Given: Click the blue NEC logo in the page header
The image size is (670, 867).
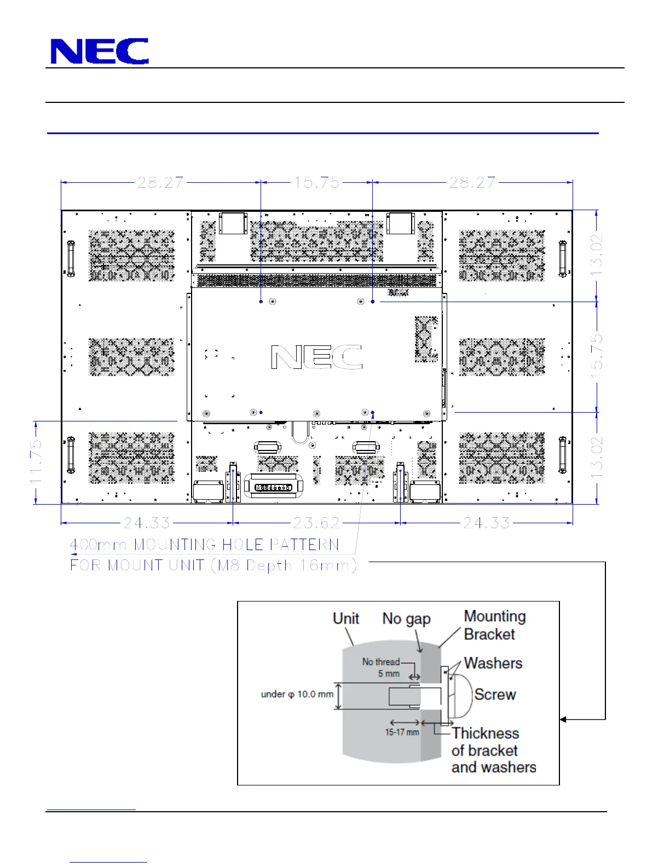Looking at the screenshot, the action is coord(100,51).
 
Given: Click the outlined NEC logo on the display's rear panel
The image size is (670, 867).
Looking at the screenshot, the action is coord(317,357).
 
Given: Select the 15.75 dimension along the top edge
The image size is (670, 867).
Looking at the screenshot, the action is coord(317,183).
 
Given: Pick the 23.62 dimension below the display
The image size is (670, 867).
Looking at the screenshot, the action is coord(316,523).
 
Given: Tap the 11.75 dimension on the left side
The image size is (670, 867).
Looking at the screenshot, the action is coord(36,461).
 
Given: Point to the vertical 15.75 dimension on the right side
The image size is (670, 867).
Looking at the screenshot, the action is coord(597,357).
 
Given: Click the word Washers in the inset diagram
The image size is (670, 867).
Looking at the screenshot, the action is coord(493,663).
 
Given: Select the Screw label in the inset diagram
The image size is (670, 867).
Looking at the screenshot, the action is coord(495,695).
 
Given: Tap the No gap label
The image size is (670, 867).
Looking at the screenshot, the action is coord(406,619).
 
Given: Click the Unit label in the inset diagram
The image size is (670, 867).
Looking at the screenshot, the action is coord(346,619).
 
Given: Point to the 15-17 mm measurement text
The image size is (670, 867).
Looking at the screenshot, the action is coord(402,732).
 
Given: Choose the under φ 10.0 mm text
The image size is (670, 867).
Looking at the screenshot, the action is coord(297,694).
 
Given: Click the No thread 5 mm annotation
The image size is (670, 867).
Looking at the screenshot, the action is coord(381,668).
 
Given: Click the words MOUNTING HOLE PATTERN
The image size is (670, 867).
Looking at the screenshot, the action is coord(236,545).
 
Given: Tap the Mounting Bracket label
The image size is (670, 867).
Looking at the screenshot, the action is coord(494,625).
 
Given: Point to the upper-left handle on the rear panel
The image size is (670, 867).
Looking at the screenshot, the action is coord(71,258).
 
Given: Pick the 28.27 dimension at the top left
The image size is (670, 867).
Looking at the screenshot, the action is coord(160,183).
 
